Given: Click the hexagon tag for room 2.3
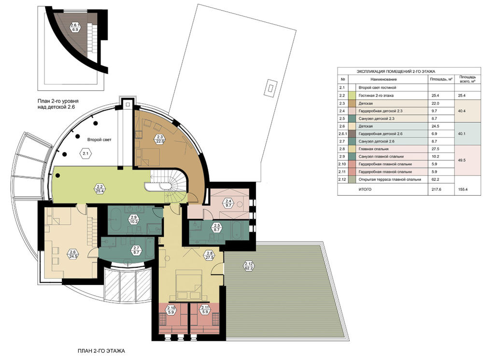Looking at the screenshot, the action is pos(160,139).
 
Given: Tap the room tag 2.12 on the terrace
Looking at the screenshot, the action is pos(249,266).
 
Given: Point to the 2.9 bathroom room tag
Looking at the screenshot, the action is pos(134,219).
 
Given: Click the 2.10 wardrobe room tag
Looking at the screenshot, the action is pos(171,310).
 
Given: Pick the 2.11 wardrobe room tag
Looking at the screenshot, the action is pos(204,310).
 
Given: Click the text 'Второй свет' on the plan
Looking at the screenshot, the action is pos(99,140).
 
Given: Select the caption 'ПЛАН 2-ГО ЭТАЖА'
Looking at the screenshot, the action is pos(101,351).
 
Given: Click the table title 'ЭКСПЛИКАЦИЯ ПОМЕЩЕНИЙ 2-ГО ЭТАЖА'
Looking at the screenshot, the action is pos(396,72).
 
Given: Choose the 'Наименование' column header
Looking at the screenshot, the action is pos(384,79).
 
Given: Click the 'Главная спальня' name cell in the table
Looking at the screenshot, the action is pos(373,149).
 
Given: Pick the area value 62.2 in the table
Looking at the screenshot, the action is pos(435,179).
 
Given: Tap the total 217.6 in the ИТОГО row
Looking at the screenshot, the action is pos(436,189).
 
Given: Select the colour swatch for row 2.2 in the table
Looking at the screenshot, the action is pos(352,96).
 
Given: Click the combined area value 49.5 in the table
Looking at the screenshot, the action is pos(462,160).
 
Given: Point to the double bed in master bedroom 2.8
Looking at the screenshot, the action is pos(188,284).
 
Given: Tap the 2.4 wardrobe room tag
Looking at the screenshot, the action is pos(229,203).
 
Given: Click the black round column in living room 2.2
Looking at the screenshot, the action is pos(57,176).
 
